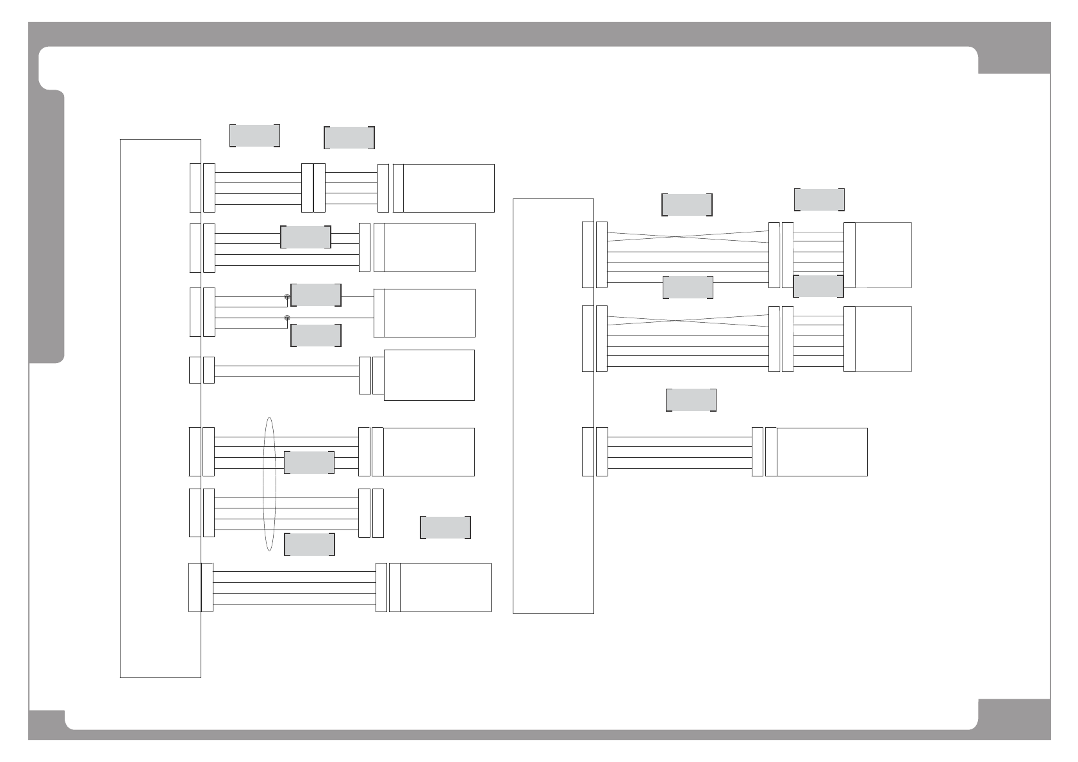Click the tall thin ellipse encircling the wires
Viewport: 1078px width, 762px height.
click(x=270, y=484)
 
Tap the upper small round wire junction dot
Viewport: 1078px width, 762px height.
click(x=287, y=297)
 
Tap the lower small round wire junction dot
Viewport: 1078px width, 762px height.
click(x=287, y=318)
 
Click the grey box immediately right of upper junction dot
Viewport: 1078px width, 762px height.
click(x=315, y=295)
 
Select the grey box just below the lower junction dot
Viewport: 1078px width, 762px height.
click(x=315, y=336)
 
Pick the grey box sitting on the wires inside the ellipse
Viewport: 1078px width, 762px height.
click(x=309, y=462)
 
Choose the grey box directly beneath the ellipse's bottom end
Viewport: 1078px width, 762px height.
click(x=309, y=544)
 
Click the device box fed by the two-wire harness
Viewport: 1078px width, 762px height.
click(x=429, y=375)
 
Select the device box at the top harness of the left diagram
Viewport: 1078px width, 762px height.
click(x=449, y=188)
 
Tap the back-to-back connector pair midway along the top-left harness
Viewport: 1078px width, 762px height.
click(x=313, y=188)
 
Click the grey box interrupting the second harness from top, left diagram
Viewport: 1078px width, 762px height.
click(x=306, y=237)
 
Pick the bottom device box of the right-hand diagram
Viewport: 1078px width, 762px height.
click(x=822, y=451)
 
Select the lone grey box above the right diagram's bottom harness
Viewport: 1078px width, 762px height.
click(x=691, y=400)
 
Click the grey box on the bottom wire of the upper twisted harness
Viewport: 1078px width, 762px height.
click(x=688, y=288)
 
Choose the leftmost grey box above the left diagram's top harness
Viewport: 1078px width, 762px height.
click(x=254, y=136)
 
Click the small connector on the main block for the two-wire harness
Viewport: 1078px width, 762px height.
click(x=195, y=370)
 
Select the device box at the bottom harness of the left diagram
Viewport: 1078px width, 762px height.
click(x=445, y=587)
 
